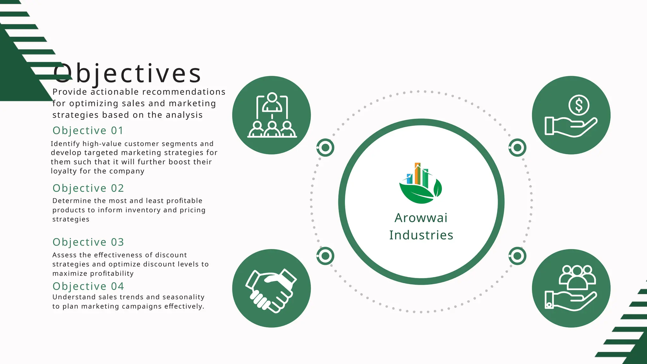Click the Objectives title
point(127,73)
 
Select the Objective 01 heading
point(88,130)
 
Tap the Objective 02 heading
point(88,188)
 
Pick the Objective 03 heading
point(88,242)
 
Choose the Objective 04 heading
point(88,286)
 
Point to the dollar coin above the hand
point(579,105)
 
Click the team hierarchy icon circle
point(271,115)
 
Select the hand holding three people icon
point(571,288)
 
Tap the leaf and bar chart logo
point(420,183)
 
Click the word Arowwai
point(421,218)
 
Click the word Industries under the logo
point(421,235)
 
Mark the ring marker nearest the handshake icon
point(325,256)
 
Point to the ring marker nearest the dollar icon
point(517,147)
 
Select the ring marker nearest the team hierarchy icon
point(325,147)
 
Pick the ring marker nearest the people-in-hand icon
point(517,256)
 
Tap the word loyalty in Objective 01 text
point(64,171)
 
